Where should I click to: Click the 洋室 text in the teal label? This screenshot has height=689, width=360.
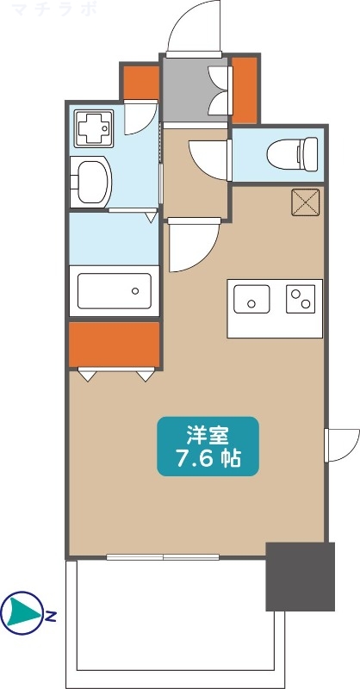pos(207,433)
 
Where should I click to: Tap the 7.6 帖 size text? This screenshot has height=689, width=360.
pos(207,458)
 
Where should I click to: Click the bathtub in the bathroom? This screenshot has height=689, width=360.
pos(114,290)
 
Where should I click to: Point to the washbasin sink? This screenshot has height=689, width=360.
pos(91,181)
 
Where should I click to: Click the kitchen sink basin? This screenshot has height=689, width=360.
pos(253,301)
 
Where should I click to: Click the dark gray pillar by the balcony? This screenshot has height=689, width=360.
pos(300,576)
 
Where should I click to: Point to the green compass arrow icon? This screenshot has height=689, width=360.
pos(21,613)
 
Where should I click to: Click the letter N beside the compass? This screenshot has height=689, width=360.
pos(52,616)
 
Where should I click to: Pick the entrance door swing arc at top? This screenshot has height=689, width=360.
pos(194,30)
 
